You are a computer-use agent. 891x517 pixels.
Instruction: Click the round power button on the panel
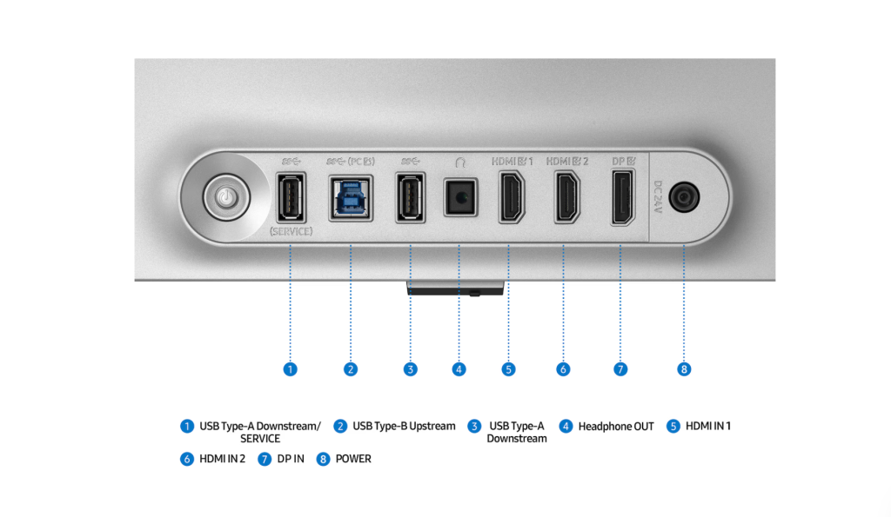[227, 197]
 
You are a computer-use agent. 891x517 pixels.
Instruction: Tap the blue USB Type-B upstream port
[351, 198]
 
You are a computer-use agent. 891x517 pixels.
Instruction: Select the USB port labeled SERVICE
[291, 197]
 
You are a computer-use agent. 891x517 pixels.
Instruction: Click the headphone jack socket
[460, 197]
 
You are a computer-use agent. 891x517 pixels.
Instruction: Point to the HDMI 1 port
[512, 197]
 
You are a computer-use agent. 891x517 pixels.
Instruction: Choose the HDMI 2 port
[566, 197]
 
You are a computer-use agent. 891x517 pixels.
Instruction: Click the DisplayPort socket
[623, 197]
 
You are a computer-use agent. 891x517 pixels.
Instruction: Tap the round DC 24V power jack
[684, 197]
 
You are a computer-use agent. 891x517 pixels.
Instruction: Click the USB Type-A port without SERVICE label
[411, 197]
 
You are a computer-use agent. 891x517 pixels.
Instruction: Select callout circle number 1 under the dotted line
[291, 369]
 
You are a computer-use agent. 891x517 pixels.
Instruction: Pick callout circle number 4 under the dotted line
[459, 369]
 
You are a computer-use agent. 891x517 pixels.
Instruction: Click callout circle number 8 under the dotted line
[684, 369]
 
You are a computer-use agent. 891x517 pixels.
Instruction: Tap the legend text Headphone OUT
[616, 426]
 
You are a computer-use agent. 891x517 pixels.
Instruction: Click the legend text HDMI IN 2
[222, 459]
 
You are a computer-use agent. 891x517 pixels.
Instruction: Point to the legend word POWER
[353, 459]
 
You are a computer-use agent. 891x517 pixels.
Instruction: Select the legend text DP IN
[291, 459]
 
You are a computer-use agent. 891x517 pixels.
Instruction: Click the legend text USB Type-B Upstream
[404, 426]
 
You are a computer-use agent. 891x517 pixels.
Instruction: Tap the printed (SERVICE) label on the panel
[291, 231]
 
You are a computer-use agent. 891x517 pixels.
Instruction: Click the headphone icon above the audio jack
[460, 162]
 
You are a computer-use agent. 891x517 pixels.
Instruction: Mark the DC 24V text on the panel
[658, 197]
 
